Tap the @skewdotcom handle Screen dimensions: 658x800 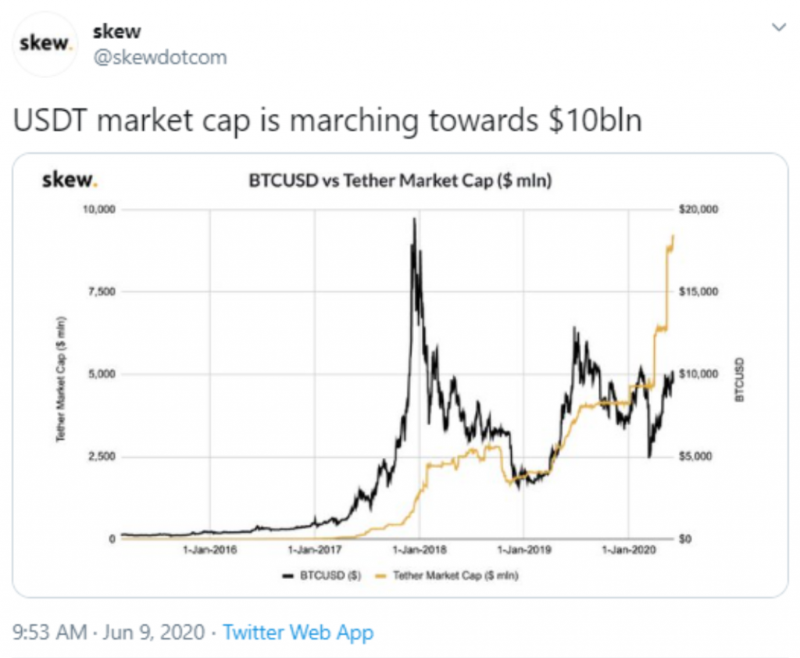tap(159, 58)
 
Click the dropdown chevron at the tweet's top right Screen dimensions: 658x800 tap(778, 28)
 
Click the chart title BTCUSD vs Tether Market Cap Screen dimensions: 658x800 tap(400, 182)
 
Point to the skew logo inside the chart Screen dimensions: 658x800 tap(70, 181)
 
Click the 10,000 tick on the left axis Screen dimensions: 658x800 tap(98, 209)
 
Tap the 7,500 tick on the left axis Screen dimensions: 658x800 tap(101, 291)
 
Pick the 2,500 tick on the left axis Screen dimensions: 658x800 tap(101, 456)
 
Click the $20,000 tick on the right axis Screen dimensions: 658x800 tap(698, 209)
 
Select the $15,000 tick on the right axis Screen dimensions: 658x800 tap(698, 291)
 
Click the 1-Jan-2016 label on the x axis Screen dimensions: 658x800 tap(209, 550)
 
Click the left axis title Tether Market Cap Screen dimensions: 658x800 tap(60, 379)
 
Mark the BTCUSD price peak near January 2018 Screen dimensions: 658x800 tap(414, 220)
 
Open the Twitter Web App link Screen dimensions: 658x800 tap(298, 632)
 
